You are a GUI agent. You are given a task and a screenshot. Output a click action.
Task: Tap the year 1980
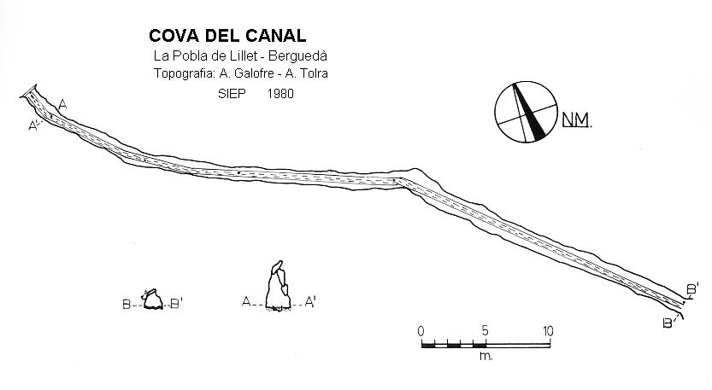click(x=280, y=94)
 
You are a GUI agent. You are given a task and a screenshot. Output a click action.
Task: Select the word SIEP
click(x=231, y=94)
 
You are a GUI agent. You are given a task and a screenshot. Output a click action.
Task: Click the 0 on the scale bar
click(x=421, y=331)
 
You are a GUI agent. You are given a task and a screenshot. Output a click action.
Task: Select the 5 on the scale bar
click(x=484, y=331)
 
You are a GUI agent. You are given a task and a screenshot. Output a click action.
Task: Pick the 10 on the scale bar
click(x=547, y=331)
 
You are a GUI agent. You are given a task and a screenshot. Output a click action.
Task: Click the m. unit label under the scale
click(x=485, y=355)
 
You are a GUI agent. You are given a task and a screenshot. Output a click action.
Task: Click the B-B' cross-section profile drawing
click(x=153, y=300)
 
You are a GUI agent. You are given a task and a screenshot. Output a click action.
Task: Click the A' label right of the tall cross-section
click(x=311, y=301)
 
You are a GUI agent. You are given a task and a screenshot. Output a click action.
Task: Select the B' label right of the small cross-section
click(x=177, y=302)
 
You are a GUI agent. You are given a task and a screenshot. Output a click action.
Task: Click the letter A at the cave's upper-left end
click(x=63, y=103)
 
